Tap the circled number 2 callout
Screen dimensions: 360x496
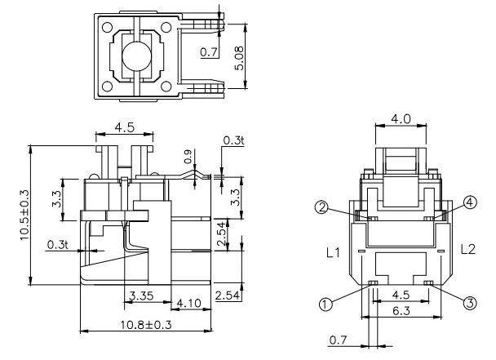(x=322, y=207)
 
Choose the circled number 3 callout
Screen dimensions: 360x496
(x=470, y=302)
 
